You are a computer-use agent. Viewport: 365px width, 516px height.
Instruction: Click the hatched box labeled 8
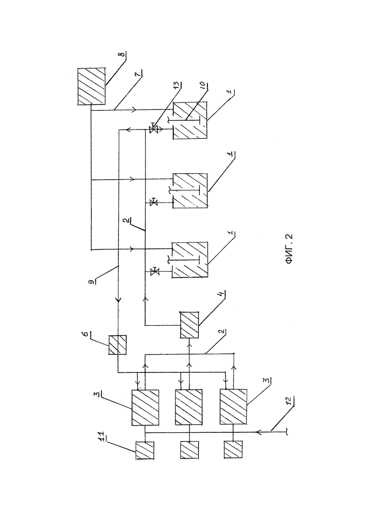pos(92,87)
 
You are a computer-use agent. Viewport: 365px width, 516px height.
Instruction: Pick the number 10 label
pos(203,85)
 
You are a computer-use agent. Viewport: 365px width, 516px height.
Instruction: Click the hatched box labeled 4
pos(189,325)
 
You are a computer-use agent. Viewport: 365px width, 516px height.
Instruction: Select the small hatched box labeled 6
pos(117,345)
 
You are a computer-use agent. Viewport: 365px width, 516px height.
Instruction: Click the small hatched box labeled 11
pos(145,450)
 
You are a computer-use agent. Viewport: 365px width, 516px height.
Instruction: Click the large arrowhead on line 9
pos(118,300)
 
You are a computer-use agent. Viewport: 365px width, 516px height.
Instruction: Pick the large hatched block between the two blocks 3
pos(189,407)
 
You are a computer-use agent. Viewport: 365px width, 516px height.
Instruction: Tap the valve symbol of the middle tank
pos(153,202)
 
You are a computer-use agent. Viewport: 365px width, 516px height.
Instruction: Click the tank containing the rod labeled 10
pos(190,120)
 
